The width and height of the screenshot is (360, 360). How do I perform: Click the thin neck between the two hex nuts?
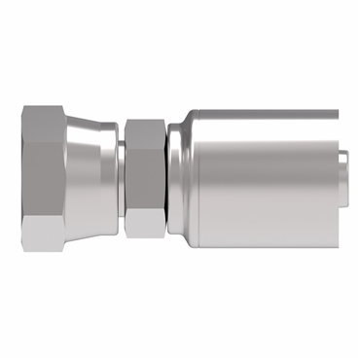(x=119, y=180)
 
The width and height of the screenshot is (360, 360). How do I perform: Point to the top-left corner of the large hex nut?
(x=22, y=110)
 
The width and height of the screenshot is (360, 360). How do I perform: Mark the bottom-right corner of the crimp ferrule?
(x=337, y=244)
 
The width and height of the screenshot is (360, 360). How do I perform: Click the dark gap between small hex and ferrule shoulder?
(x=164, y=180)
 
